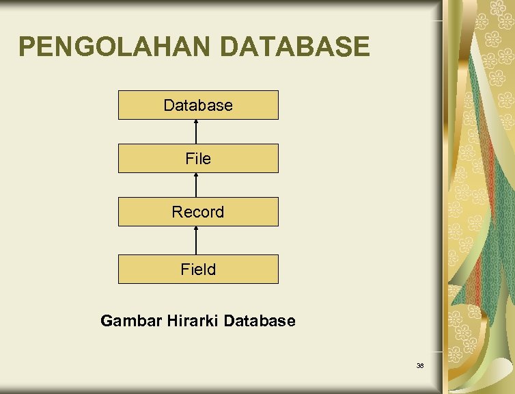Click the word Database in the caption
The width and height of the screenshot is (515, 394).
[x=259, y=321]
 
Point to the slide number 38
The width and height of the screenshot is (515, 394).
[x=420, y=366]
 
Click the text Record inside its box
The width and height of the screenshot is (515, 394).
[x=198, y=212]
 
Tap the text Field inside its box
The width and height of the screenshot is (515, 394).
[x=198, y=270]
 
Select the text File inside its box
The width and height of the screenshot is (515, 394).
[x=198, y=159]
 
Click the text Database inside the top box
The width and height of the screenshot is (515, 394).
[x=198, y=105]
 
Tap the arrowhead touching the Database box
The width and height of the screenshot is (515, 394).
[x=197, y=122]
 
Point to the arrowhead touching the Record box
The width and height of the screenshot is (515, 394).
[x=197, y=229]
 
